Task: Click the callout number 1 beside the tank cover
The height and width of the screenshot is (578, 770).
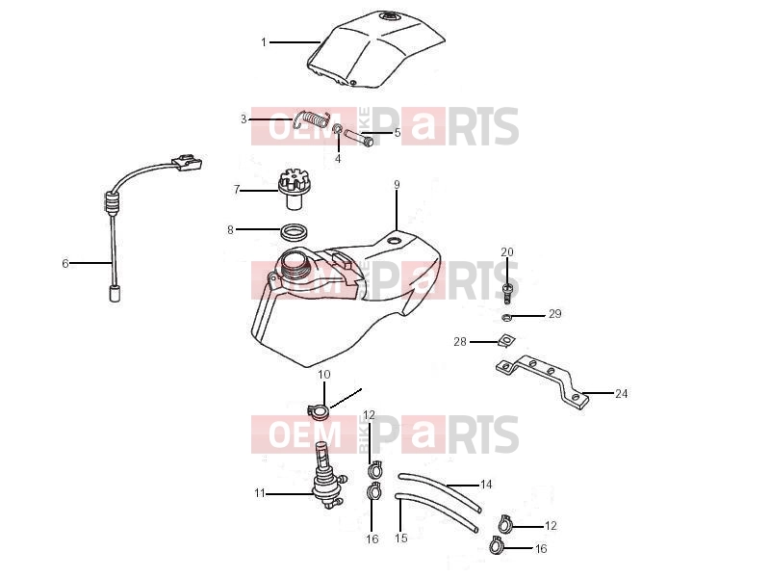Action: click(264, 42)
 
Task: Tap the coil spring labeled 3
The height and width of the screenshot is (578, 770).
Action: click(312, 119)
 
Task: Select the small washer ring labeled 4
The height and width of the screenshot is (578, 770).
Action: click(338, 129)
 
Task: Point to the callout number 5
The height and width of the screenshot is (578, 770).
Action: click(398, 132)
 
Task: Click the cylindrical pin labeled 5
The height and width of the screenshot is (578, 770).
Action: click(359, 137)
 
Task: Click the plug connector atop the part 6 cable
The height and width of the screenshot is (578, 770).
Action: click(187, 162)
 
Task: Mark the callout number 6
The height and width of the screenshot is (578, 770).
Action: click(65, 263)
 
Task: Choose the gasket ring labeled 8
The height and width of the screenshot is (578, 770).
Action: click(295, 232)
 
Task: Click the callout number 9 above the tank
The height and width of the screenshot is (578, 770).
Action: click(397, 185)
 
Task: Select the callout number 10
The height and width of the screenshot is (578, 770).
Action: click(324, 375)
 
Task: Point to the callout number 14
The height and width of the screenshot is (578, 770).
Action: click(486, 485)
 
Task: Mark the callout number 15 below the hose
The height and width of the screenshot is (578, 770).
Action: click(401, 539)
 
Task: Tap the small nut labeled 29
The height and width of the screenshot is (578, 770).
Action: click(507, 317)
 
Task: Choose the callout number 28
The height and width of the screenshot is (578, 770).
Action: click(460, 342)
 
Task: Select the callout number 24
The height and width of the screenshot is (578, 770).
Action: click(621, 394)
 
